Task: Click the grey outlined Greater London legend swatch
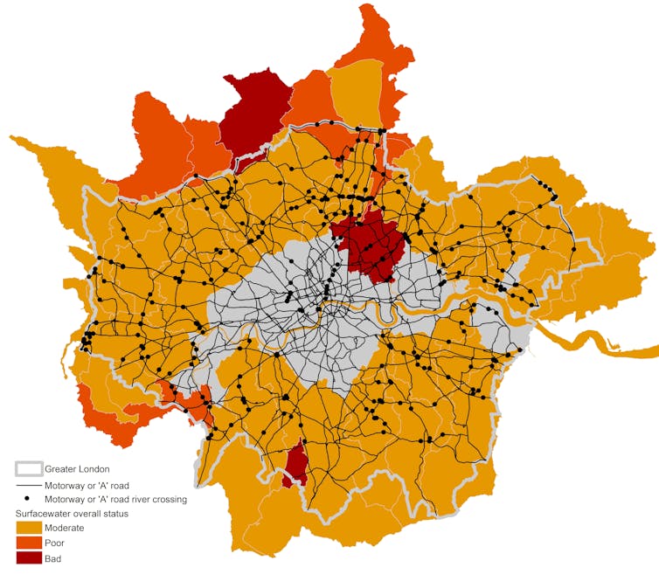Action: point(29,469)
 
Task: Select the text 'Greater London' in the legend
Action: point(77,469)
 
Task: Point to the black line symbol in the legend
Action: point(29,485)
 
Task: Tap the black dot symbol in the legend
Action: point(29,499)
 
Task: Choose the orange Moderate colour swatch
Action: point(29,528)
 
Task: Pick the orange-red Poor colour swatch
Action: point(29,543)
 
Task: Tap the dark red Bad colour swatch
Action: point(29,557)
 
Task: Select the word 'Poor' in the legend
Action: point(54,543)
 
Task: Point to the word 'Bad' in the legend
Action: point(53,557)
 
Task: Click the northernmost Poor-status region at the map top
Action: point(376,39)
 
